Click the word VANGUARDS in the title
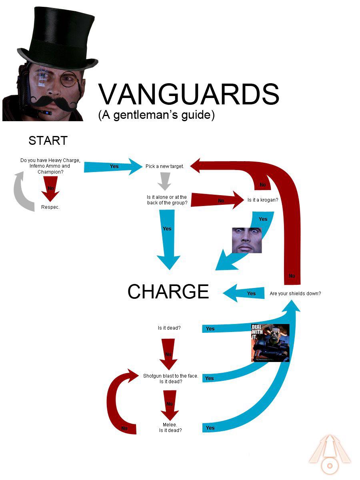pyautogui.click(x=188, y=95)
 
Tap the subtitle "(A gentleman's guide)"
pyautogui.click(x=156, y=115)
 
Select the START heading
pyautogui.click(x=48, y=141)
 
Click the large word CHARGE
pyautogui.click(x=168, y=292)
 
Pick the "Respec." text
pyautogui.click(x=50, y=207)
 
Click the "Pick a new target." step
pyautogui.click(x=165, y=166)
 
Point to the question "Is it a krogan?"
pyautogui.click(x=262, y=200)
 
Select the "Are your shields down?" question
pyautogui.click(x=295, y=293)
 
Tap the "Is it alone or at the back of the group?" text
pyautogui.click(x=167, y=200)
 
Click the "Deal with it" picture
pyautogui.click(x=270, y=343)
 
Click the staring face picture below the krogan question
pyautogui.click(x=247, y=240)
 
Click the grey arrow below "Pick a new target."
pyautogui.click(x=164, y=181)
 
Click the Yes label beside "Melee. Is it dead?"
pyautogui.click(x=210, y=428)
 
